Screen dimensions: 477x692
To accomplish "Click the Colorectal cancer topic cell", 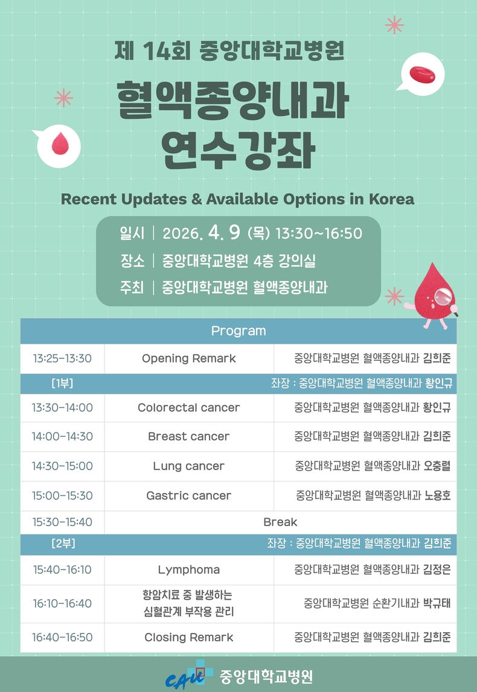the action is point(188,407).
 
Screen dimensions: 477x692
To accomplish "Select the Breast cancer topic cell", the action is point(188,436).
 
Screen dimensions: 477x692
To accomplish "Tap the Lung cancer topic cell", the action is point(188,466).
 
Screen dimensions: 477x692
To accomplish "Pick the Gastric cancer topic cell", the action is point(188,495).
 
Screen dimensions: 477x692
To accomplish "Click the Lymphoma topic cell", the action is point(188,570).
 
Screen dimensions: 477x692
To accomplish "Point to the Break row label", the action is point(280,522).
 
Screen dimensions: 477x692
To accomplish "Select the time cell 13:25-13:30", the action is point(62,358).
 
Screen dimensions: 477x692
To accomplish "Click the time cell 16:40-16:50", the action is point(62,637).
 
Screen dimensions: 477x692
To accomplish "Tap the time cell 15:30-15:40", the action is point(62,522).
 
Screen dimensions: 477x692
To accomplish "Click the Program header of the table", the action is point(238,331).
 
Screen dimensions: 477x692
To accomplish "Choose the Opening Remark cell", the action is point(188,358).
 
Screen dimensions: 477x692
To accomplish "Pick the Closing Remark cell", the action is point(188,637).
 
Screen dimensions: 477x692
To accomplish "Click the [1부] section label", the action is point(62,383).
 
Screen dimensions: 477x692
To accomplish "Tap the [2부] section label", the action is point(63,543).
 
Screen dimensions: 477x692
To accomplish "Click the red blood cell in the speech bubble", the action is point(422,74).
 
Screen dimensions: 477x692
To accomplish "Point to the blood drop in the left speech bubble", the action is point(60,144).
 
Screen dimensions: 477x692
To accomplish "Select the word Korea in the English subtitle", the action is point(391,199).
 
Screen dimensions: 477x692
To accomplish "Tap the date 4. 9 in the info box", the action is point(225,232).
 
